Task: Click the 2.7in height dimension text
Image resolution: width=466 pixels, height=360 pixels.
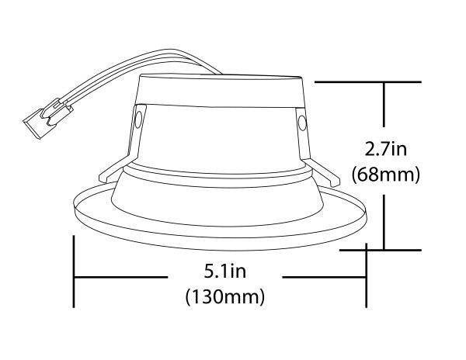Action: [x=385, y=147]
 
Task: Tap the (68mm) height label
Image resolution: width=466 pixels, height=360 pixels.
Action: [x=386, y=175]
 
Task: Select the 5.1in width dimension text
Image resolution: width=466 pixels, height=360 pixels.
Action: [x=224, y=273]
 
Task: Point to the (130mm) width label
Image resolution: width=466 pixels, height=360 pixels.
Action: [x=224, y=296]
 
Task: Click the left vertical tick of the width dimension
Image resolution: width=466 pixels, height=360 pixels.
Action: [x=74, y=273]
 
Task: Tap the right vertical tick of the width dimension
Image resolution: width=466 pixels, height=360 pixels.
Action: [x=367, y=273]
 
